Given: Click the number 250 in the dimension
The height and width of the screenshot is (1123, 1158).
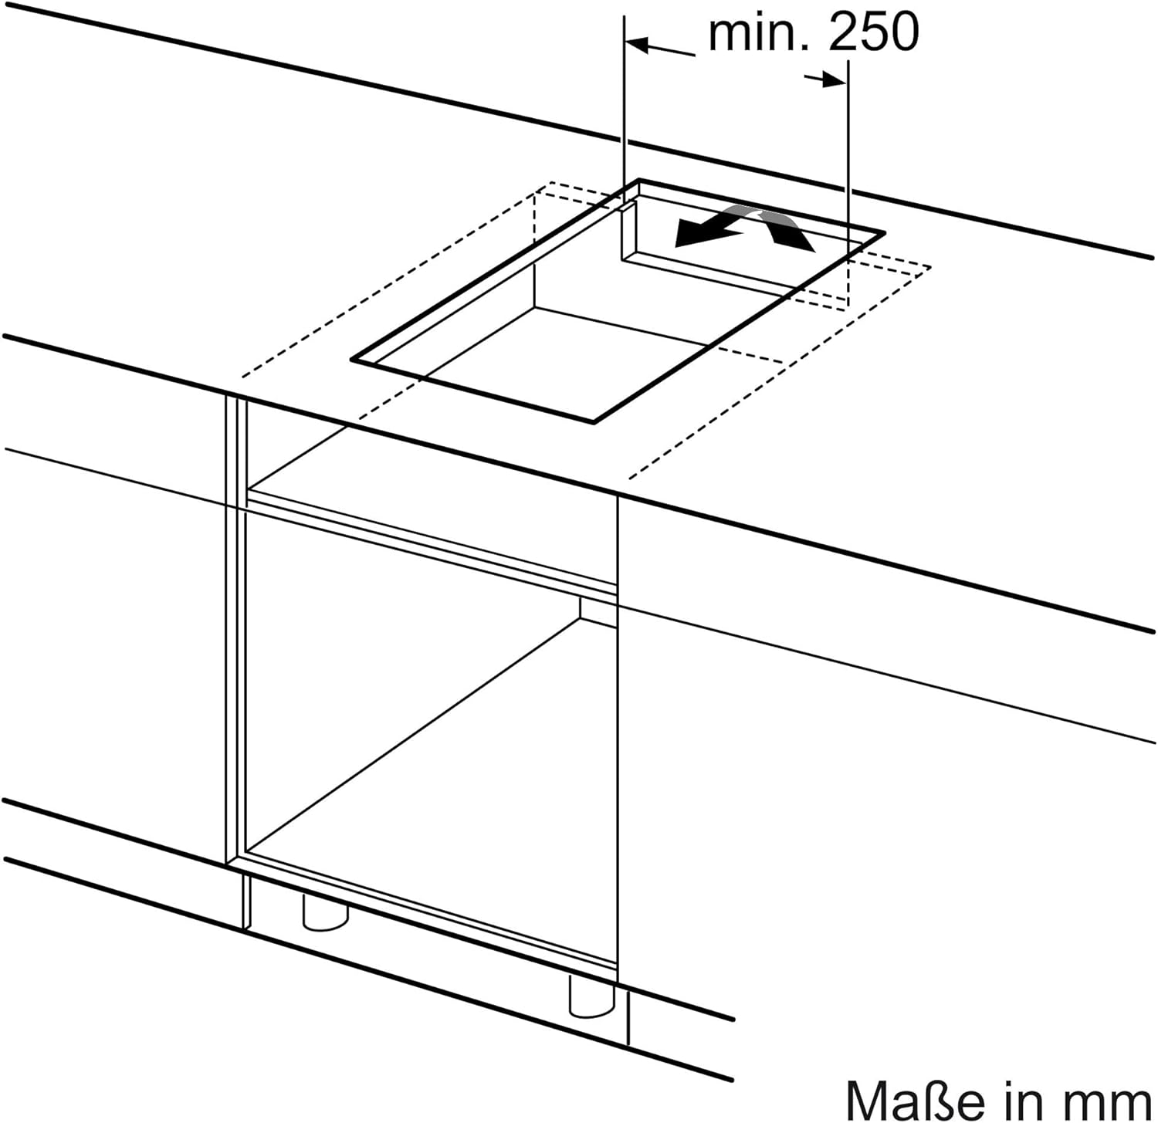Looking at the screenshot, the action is point(874,32).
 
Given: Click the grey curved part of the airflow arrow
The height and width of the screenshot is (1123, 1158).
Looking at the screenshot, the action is point(745,215).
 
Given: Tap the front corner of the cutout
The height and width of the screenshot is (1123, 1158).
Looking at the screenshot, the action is point(594,422).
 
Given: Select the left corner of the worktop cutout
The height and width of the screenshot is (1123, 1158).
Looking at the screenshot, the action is point(352,359).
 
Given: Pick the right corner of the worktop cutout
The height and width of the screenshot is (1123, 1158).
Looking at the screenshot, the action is point(883,232).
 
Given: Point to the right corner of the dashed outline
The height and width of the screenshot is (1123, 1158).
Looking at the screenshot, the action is point(930,267).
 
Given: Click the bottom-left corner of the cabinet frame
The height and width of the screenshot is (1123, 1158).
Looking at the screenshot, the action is point(229,863).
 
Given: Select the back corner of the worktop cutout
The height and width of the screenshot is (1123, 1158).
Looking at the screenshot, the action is point(640,180).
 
